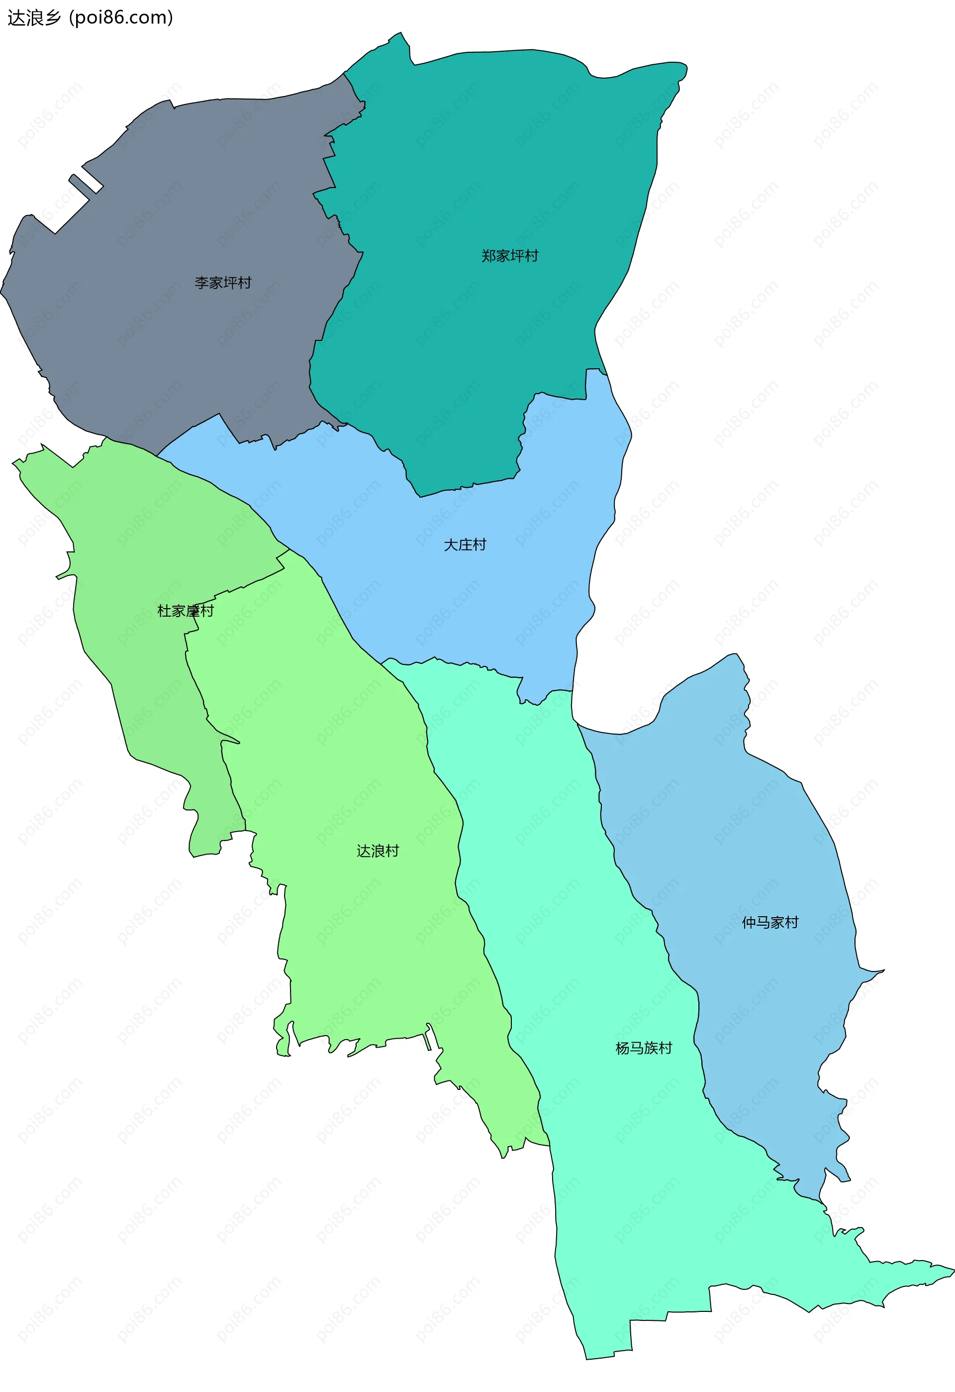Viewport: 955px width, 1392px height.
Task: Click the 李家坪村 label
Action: (x=223, y=282)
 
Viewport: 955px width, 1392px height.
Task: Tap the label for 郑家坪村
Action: (x=509, y=256)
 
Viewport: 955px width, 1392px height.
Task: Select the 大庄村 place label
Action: (x=465, y=544)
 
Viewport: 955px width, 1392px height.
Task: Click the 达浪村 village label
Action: (x=377, y=851)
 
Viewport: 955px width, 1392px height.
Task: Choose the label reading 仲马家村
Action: (x=770, y=922)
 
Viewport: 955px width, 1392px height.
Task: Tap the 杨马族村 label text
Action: (x=644, y=1048)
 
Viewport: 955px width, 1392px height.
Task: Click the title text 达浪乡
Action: (x=34, y=18)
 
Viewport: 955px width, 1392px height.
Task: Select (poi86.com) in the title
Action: (x=121, y=18)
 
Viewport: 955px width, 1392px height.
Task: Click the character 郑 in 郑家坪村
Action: (x=488, y=256)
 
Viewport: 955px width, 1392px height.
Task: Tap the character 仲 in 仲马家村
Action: (x=749, y=922)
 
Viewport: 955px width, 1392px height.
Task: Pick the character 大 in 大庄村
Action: (x=451, y=544)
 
